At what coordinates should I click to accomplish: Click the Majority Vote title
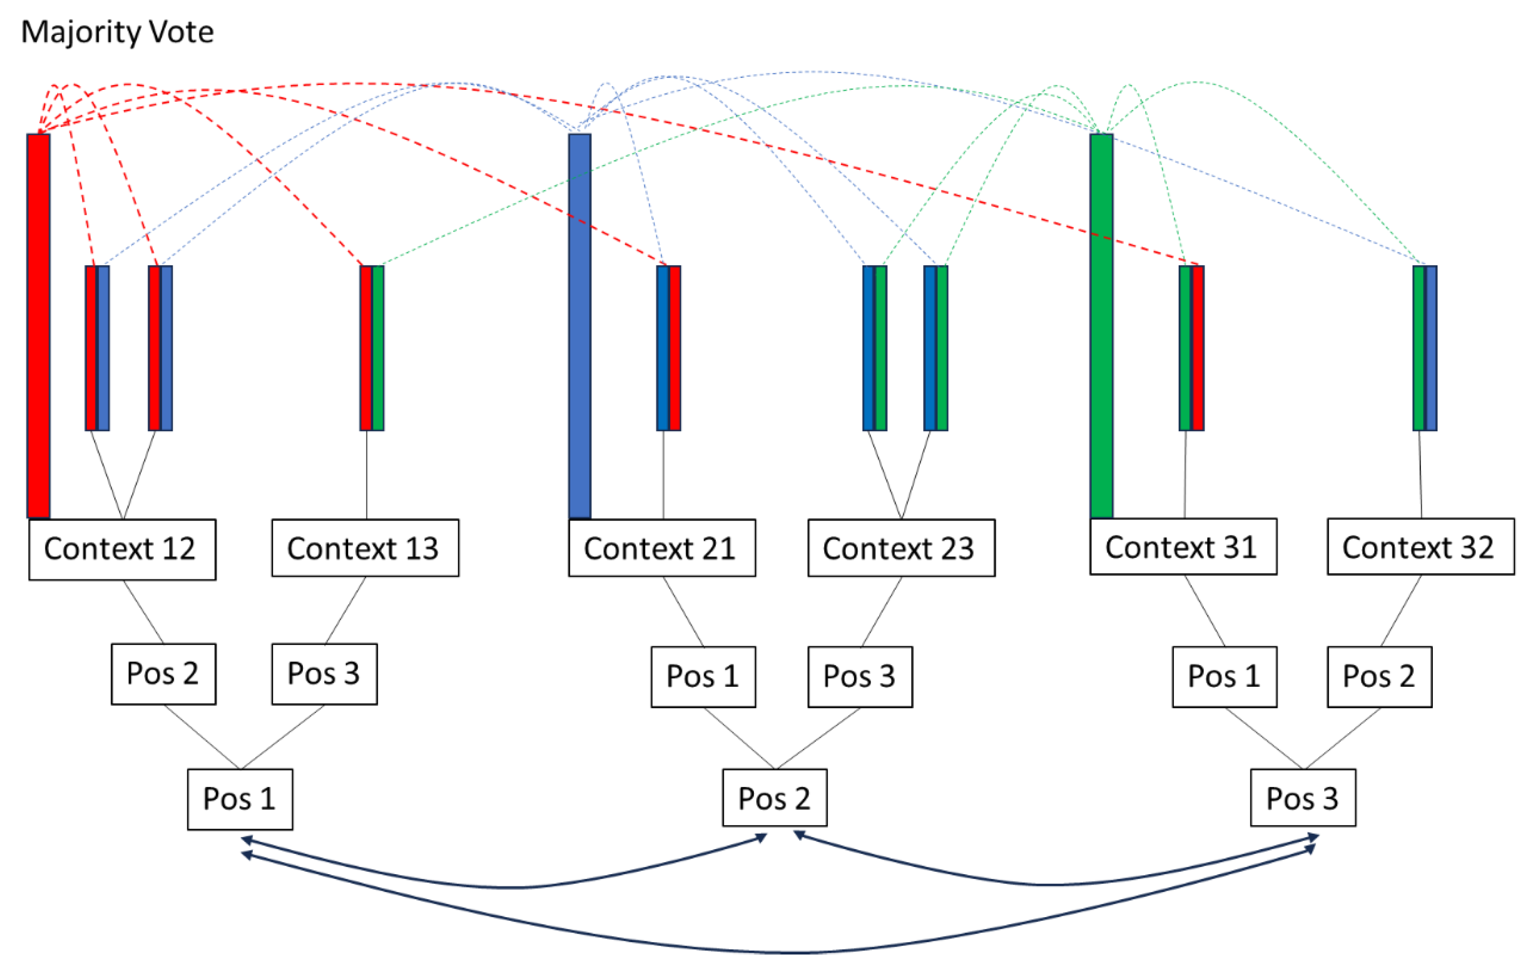(117, 32)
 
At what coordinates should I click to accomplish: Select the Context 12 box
(122, 549)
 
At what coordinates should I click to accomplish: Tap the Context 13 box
(365, 548)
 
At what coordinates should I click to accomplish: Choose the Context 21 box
(662, 548)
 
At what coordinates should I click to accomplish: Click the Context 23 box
(901, 548)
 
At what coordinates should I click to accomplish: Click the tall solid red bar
(38, 325)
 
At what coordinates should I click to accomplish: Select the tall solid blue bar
(580, 325)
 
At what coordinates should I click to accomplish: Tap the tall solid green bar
(1101, 325)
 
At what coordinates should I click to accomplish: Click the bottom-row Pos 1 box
(240, 799)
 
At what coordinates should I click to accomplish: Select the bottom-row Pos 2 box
(774, 798)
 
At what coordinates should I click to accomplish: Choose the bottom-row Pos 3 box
(1302, 798)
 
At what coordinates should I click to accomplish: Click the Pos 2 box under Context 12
(163, 674)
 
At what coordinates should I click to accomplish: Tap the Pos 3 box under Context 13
(325, 674)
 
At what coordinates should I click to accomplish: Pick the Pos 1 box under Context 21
(703, 677)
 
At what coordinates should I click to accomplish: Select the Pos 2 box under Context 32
(1379, 677)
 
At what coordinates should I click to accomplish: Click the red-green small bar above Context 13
(372, 347)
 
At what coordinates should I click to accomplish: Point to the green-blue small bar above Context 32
(1424, 347)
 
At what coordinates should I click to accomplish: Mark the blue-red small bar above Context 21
(668, 347)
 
